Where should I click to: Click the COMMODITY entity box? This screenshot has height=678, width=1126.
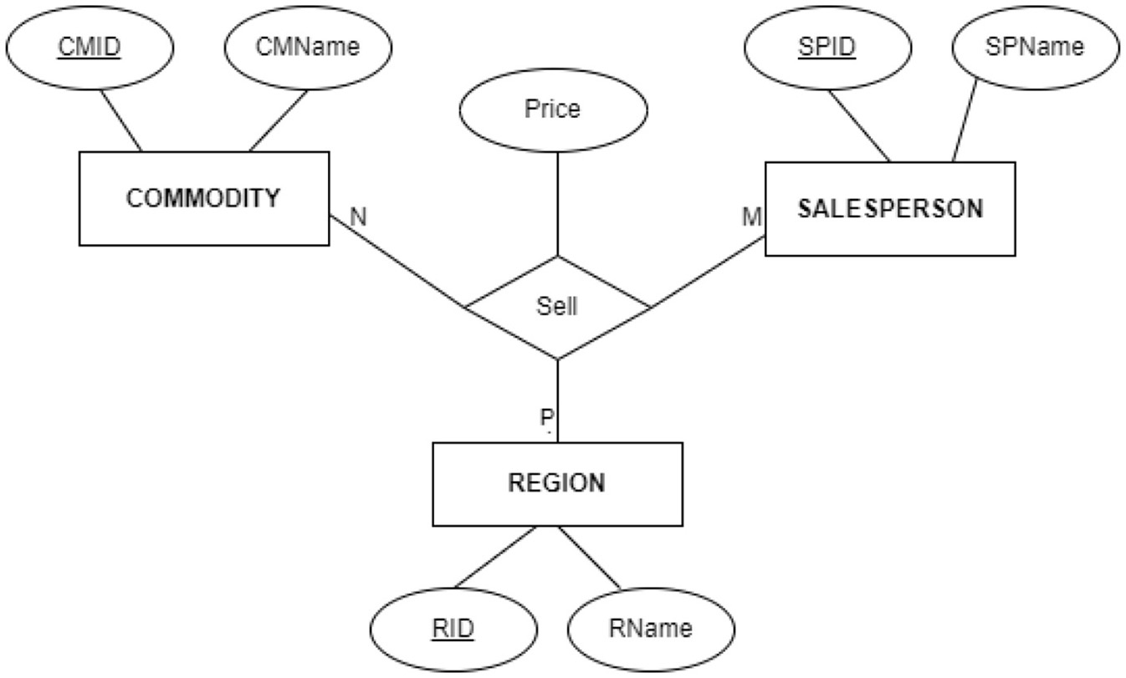(203, 198)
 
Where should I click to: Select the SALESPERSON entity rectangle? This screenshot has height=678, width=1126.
(890, 208)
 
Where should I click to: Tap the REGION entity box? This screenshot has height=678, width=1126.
(556, 483)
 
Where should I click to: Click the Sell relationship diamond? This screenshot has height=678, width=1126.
(557, 307)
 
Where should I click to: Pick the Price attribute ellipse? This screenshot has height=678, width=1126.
(552, 109)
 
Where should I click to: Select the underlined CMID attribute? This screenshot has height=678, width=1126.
(90, 47)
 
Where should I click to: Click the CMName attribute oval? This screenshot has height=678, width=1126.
(308, 47)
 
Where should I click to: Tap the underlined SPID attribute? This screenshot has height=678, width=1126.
(827, 47)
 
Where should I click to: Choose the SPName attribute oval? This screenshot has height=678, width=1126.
(1034, 47)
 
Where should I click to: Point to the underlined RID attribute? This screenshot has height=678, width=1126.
(453, 628)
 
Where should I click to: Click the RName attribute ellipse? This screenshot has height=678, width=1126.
(650, 628)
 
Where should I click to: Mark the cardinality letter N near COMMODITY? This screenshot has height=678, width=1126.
(358, 217)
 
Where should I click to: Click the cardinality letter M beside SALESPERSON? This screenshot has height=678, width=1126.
(751, 217)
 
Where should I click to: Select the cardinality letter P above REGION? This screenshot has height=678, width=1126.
(546, 416)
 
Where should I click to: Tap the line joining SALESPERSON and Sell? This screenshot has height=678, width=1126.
(708, 272)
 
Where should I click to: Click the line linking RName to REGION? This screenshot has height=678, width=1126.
(589, 558)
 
